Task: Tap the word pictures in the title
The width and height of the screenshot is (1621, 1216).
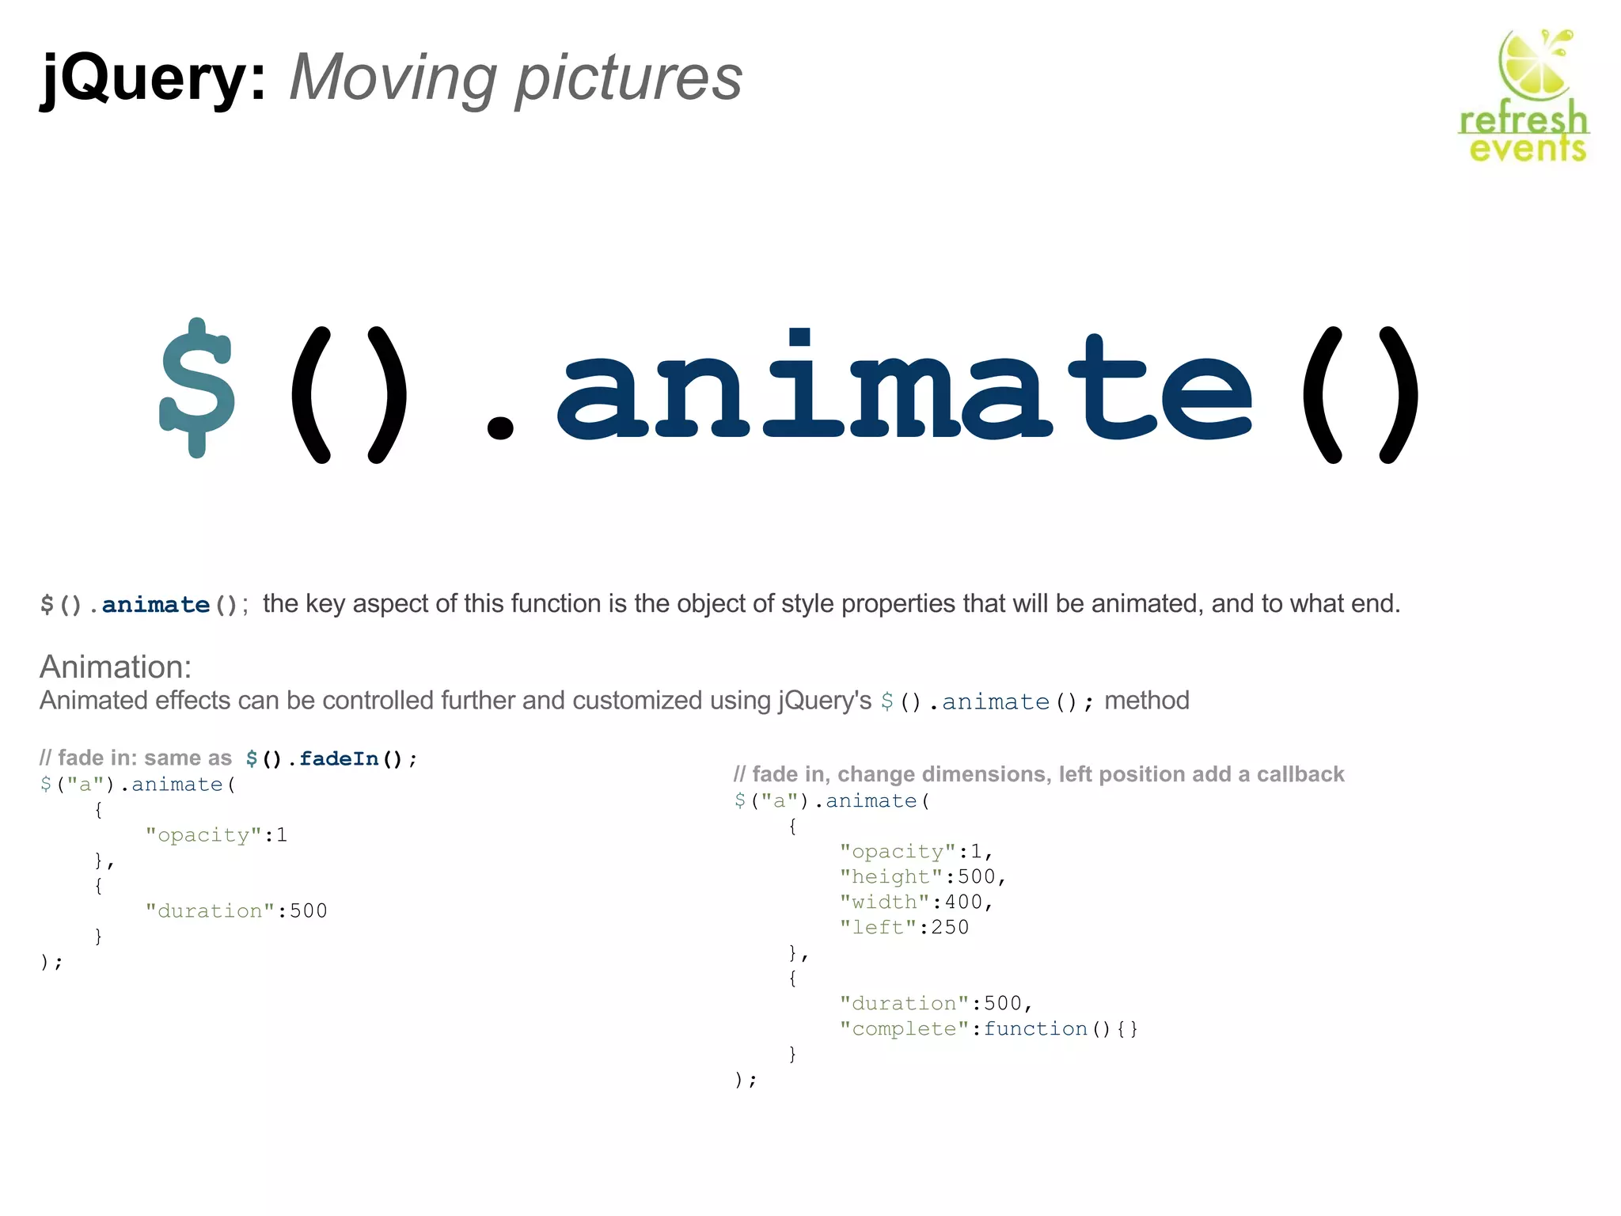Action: tap(629, 79)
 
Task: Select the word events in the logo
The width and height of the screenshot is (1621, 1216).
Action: tap(1528, 148)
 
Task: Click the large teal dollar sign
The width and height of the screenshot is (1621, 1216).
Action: tap(197, 388)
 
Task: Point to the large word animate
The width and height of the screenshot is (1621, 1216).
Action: tap(905, 388)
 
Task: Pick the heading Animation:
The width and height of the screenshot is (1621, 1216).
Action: tap(116, 667)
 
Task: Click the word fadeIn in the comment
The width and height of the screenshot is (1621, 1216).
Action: tap(339, 758)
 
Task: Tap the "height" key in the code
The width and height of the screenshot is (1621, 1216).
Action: tap(891, 877)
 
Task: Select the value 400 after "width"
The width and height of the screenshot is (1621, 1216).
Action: tap(963, 902)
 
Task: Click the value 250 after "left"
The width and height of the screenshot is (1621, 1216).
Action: tap(950, 928)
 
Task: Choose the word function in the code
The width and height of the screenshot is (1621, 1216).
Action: tap(1035, 1029)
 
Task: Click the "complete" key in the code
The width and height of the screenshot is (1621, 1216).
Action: tap(904, 1029)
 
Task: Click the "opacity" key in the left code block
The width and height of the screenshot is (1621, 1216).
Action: tap(203, 835)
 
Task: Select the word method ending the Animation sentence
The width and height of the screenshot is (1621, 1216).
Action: tap(1147, 701)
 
